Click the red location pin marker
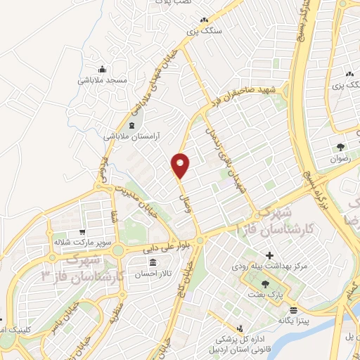tap(181, 165)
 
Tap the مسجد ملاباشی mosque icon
tap(103, 69)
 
